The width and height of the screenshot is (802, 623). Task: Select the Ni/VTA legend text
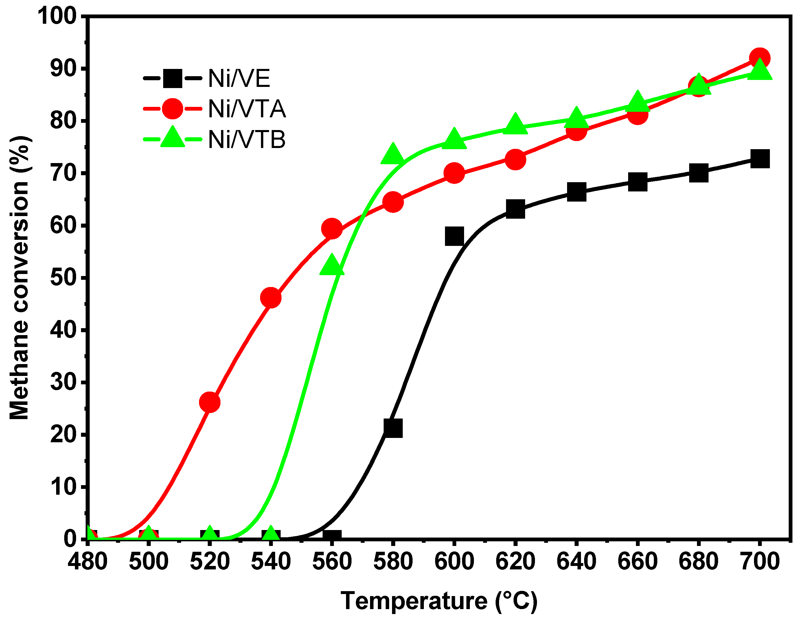(x=247, y=109)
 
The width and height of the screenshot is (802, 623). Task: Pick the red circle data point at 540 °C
(x=271, y=297)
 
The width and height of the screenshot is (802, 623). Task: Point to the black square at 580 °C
(x=393, y=428)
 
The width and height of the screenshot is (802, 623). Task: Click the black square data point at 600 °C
(x=454, y=236)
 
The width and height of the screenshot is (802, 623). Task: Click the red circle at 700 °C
(x=760, y=58)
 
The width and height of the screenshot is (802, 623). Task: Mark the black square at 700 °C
(x=760, y=159)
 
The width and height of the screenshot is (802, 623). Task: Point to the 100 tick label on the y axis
(x=57, y=16)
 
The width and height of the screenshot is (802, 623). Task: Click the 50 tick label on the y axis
(x=63, y=277)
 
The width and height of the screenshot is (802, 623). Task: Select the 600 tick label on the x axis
(x=454, y=562)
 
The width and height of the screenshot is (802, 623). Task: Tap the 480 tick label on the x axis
(x=87, y=562)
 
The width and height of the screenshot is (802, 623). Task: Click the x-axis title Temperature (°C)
(x=439, y=601)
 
